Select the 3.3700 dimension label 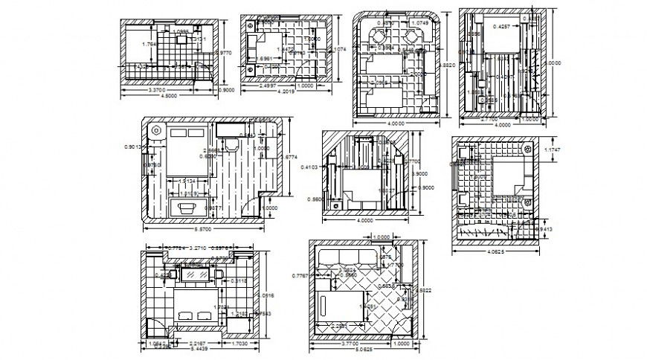156,89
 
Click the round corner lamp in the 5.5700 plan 157,131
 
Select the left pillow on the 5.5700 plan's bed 179,132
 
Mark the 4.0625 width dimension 492,251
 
